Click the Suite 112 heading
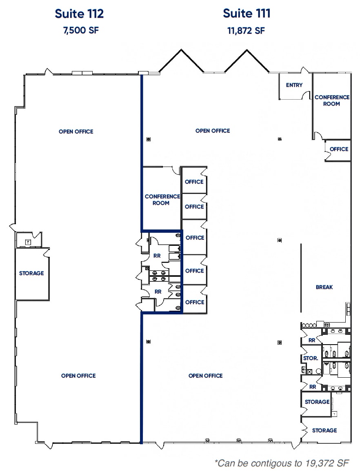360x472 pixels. [79, 13]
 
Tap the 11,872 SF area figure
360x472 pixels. [246, 31]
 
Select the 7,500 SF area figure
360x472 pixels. [80, 31]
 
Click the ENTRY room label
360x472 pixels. [294, 85]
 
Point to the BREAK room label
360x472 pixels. [324, 287]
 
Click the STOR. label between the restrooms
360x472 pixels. [311, 358]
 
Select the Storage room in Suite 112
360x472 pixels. [31, 273]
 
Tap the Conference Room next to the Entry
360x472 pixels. [332, 100]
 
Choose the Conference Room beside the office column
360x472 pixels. [162, 200]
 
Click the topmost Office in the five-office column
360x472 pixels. [194, 182]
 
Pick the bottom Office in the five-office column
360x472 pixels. [194, 302]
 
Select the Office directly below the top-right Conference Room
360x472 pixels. [339, 149]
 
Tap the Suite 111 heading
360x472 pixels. [247, 13]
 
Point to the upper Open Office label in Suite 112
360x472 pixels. [76, 131]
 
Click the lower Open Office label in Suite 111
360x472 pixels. [205, 376]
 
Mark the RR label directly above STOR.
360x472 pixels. [312, 340]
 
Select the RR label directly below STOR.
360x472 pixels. [313, 387]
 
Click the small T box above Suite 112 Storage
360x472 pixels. [28, 242]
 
